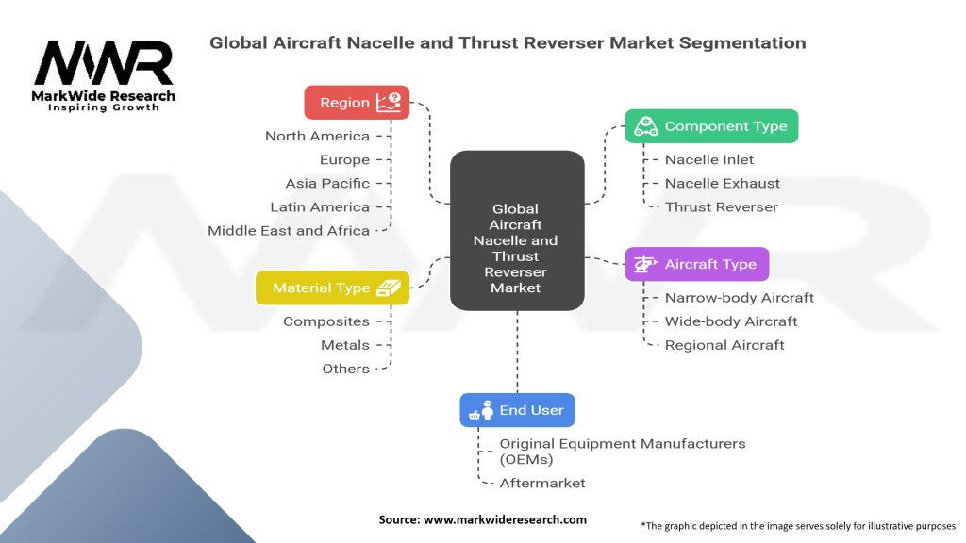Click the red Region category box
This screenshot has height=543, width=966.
tap(357, 102)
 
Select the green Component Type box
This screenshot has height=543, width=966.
tap(711, 126)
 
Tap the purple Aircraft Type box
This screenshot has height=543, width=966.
tap(696, 264)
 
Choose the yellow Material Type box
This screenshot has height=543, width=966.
tap(332, 288)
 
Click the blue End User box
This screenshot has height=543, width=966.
tap(516, 410)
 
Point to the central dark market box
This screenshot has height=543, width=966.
tap(516, 232)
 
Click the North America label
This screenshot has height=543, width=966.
tap(317, 136)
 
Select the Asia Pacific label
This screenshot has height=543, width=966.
tap(327, 183)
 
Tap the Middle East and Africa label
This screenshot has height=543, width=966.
tap(289, 230)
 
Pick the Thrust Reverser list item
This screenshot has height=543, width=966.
tap(721, 206)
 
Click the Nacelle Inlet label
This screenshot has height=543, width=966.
tap(709, 159)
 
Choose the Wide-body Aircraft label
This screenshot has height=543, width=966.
tap(731, 321)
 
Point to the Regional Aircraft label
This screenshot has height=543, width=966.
tap(724, 344)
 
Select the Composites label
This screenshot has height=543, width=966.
tap(326, 321)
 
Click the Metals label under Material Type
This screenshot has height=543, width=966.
tap(345, 345)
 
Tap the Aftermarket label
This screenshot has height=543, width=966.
tap(542, 483)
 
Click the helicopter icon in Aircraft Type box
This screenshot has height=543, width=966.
tap(646, 265)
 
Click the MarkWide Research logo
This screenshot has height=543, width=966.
tap(104, 75)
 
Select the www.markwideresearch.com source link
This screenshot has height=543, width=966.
tap(508, 519)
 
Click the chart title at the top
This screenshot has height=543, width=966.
tap(508, 42)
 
